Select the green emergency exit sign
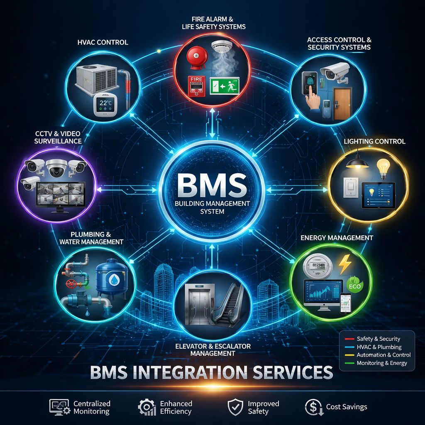pos(224,86)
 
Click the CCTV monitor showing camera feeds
pos(61,195)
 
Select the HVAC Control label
pos(103,42)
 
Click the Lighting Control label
pos(374,142)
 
